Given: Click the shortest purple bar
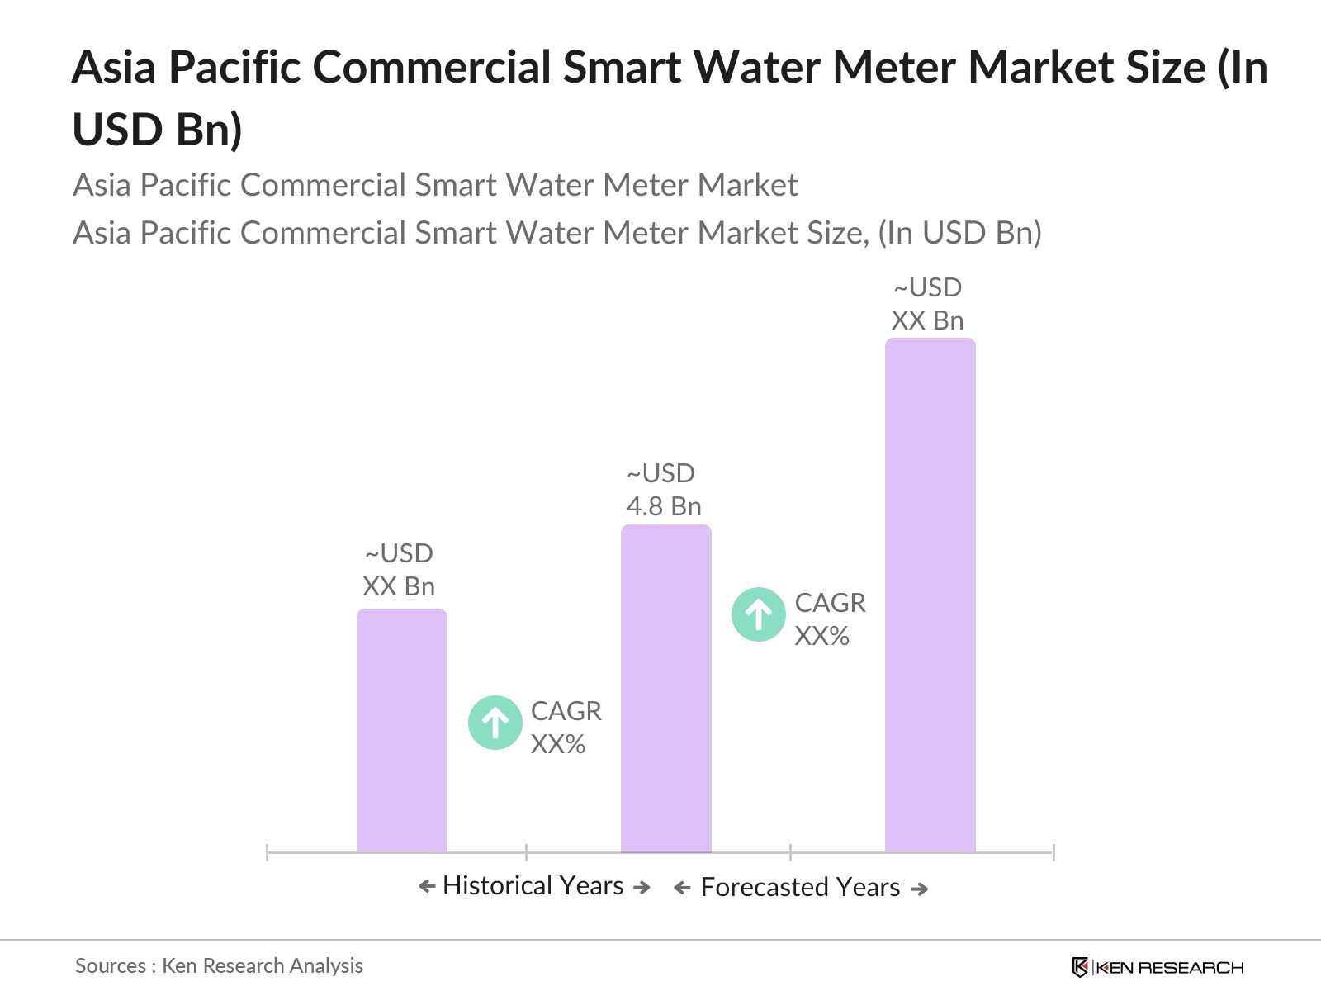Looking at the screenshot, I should point(401,730).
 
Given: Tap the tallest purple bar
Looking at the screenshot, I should point(930,595).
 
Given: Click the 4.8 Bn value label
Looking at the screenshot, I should point(664,506).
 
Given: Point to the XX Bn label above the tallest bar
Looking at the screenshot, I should point(927,320).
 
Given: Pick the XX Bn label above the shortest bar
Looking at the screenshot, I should point(399,586).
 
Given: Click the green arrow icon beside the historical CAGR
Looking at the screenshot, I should point(495,723).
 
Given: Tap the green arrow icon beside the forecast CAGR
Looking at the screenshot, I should point(759,614).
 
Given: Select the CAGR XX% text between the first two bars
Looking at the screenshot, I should point(566,728).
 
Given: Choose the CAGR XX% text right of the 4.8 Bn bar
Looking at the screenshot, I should point(830,619).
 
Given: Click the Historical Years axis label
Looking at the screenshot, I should point(533,886).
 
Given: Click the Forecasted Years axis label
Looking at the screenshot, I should point(800,888).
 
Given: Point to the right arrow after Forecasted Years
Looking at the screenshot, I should point(920,889).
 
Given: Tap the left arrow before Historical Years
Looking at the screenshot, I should point(427,887).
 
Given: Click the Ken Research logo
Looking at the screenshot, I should point(1157,967).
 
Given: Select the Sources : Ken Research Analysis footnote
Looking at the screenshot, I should point(219,965).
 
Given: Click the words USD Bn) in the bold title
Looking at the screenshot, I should point(157,130).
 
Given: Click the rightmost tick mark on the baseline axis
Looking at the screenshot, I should point(1053,852).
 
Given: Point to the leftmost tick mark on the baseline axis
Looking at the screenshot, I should point(268,852).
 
